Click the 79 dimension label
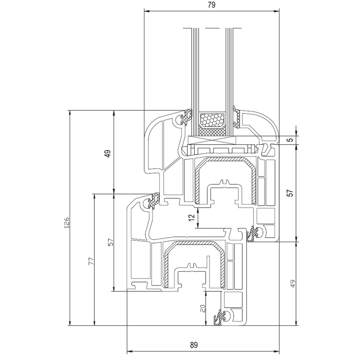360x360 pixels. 211,5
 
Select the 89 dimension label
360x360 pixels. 194,345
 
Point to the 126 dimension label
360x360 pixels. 66,222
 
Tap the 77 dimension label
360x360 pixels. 91,261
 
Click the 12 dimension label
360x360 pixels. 191,218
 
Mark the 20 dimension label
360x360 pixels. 202,309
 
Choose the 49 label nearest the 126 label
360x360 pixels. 107,153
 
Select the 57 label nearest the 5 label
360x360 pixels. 290,193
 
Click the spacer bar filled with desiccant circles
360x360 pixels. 212,120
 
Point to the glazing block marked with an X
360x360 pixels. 212,140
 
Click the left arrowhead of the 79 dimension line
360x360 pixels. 146,11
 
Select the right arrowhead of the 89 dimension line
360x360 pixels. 277,351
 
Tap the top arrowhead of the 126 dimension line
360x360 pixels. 70,112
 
